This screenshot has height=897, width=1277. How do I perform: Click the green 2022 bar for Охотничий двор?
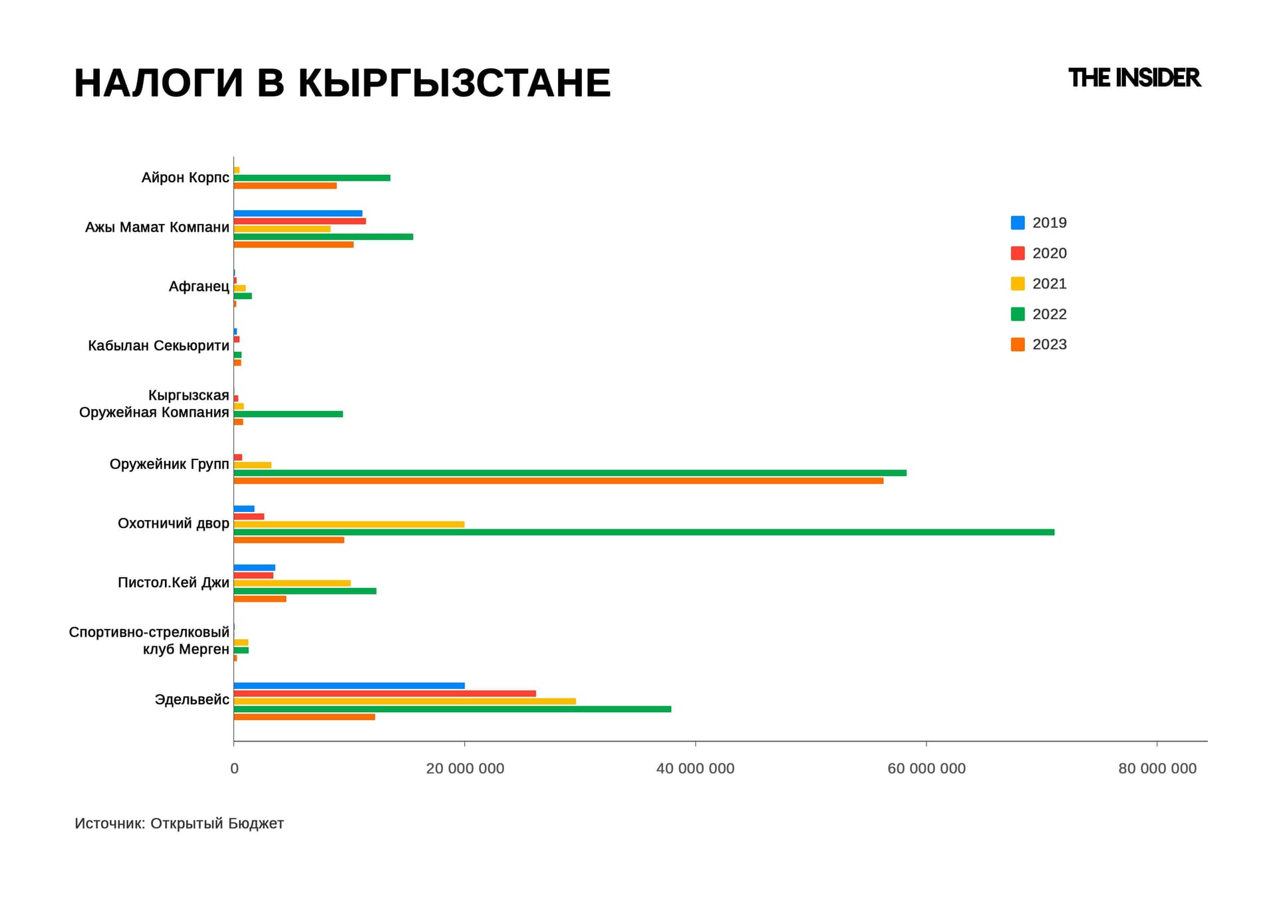[x=644, y=532]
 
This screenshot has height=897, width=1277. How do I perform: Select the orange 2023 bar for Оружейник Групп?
[x=559, y=481]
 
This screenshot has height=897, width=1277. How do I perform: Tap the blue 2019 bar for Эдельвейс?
[x=349, y=686]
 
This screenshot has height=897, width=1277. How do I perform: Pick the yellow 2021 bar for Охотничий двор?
[x=349, y=524]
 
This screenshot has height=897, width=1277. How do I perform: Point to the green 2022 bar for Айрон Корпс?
[x=312, y=178]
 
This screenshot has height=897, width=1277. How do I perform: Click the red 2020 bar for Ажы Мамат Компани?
[x=300, y=221]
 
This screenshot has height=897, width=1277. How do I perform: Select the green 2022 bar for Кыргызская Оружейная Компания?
[x=289, y=414]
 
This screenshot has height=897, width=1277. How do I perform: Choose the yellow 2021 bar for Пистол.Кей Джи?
[x=292, y=583]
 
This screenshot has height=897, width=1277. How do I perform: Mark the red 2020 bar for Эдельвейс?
[x=385, y=694]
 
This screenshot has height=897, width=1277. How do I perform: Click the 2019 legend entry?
[x=1038, y=223]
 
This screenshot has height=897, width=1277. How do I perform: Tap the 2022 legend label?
[x=1050, y=314]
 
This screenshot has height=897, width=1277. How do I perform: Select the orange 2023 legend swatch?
[x=1018, y=344]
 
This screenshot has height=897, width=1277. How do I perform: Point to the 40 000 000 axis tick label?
[x=695, y=769]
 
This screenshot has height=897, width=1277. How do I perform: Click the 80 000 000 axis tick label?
[x=1157, y=769]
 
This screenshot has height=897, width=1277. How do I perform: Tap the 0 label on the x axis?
[x=234, y=769]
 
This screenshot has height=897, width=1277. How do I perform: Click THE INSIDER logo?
[x=1134, y=78]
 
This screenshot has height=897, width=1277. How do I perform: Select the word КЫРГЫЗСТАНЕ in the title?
[x=454, y=83]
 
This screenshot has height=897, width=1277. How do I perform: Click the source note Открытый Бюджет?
[x=217, y=823]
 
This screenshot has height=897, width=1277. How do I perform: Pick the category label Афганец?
[x=199, y=287]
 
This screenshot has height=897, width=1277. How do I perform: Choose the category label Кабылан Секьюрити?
[x=158, y=346]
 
